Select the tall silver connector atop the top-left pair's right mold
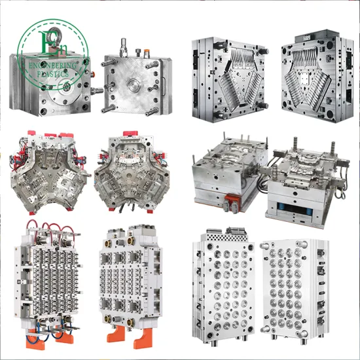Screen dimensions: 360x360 click(122, 46)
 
